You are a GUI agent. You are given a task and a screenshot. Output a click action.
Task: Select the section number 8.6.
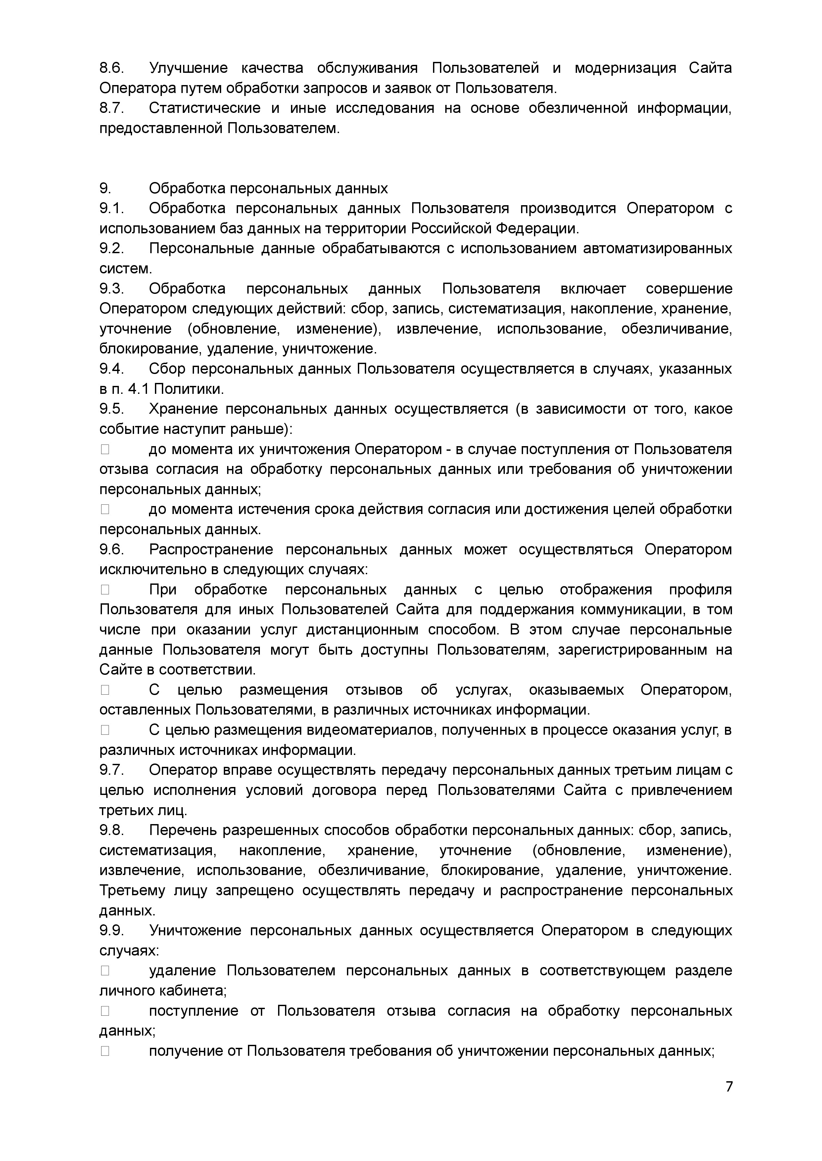pyautogui.click(x=111, y=68)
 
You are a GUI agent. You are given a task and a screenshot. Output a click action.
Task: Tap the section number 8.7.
pyautogui.click(x=111, y=108)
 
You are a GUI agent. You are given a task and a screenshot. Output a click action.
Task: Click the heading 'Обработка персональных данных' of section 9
pyautogui.click(x=268, y=189)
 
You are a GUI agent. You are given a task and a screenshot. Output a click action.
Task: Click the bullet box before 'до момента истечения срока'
pyautogui.click(x=105, y=509)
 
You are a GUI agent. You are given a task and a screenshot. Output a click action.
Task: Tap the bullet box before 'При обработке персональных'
pyautogui.click(x=105, y=590)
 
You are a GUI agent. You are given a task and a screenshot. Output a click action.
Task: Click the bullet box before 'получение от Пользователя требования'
pyautogui.click(x=105, y=1051)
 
